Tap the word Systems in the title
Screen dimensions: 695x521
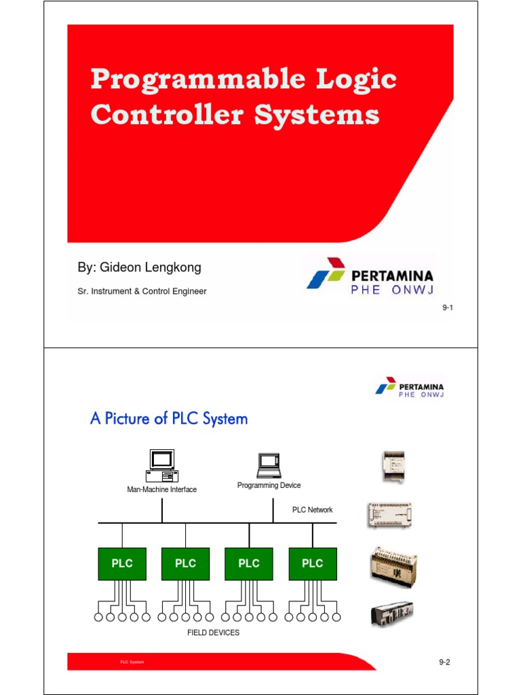pyautogui.click(x=316, y=114)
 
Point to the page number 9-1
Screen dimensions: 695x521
pyautogui.click(x=447, y=308)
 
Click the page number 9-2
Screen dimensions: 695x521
pyautogui.click(x=444, y=662)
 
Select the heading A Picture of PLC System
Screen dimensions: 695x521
pyautogui.click(x=169, y=419)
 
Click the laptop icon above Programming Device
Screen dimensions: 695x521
pyautogui.click(x=269, y=466)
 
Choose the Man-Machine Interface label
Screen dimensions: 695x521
pyautogui.click(x=162, y=489)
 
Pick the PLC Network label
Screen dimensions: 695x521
pyautogui.click(x=312, y=510)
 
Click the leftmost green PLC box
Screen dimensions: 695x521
pyautogui.click(x=122, y=563)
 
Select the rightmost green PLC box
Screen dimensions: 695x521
pyautogui.click(x=312, y=563)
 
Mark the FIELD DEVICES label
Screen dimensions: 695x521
pyautogui.click(x=213, y=633)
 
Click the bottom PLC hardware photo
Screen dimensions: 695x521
pyautogui.click(x=391, y=614)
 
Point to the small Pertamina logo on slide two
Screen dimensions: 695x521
pyautogui.click(x=410, y=387)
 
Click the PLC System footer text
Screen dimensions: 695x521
pyautogui.click(x=132, y=662)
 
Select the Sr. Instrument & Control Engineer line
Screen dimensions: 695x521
pyautogui.click(x=142, y=291)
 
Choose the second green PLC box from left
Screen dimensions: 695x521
pyautogui.click(x=185, y=563)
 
